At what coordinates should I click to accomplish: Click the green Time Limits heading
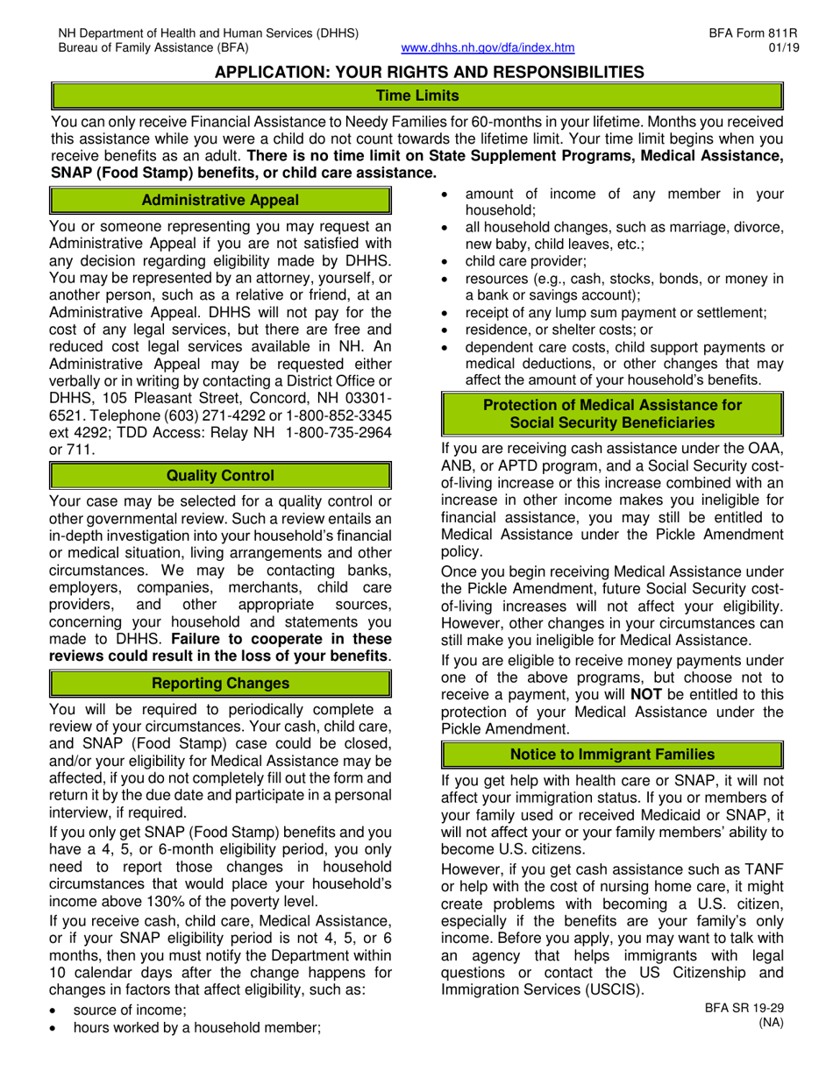pos(416,96)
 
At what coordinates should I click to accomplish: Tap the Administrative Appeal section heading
pos(219,200)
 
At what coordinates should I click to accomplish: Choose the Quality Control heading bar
pos(219,476)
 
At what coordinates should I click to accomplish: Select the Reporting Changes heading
pos(219,683)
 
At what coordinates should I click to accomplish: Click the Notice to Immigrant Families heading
pos(611,754)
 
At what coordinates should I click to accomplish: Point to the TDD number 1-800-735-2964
pos(338,432)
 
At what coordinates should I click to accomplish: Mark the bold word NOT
pos(647,694)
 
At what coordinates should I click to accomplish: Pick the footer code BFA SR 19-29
pos(744,1008)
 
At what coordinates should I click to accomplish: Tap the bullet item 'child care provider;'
pos(525,260)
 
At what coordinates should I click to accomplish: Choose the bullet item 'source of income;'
pos(130,1009)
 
